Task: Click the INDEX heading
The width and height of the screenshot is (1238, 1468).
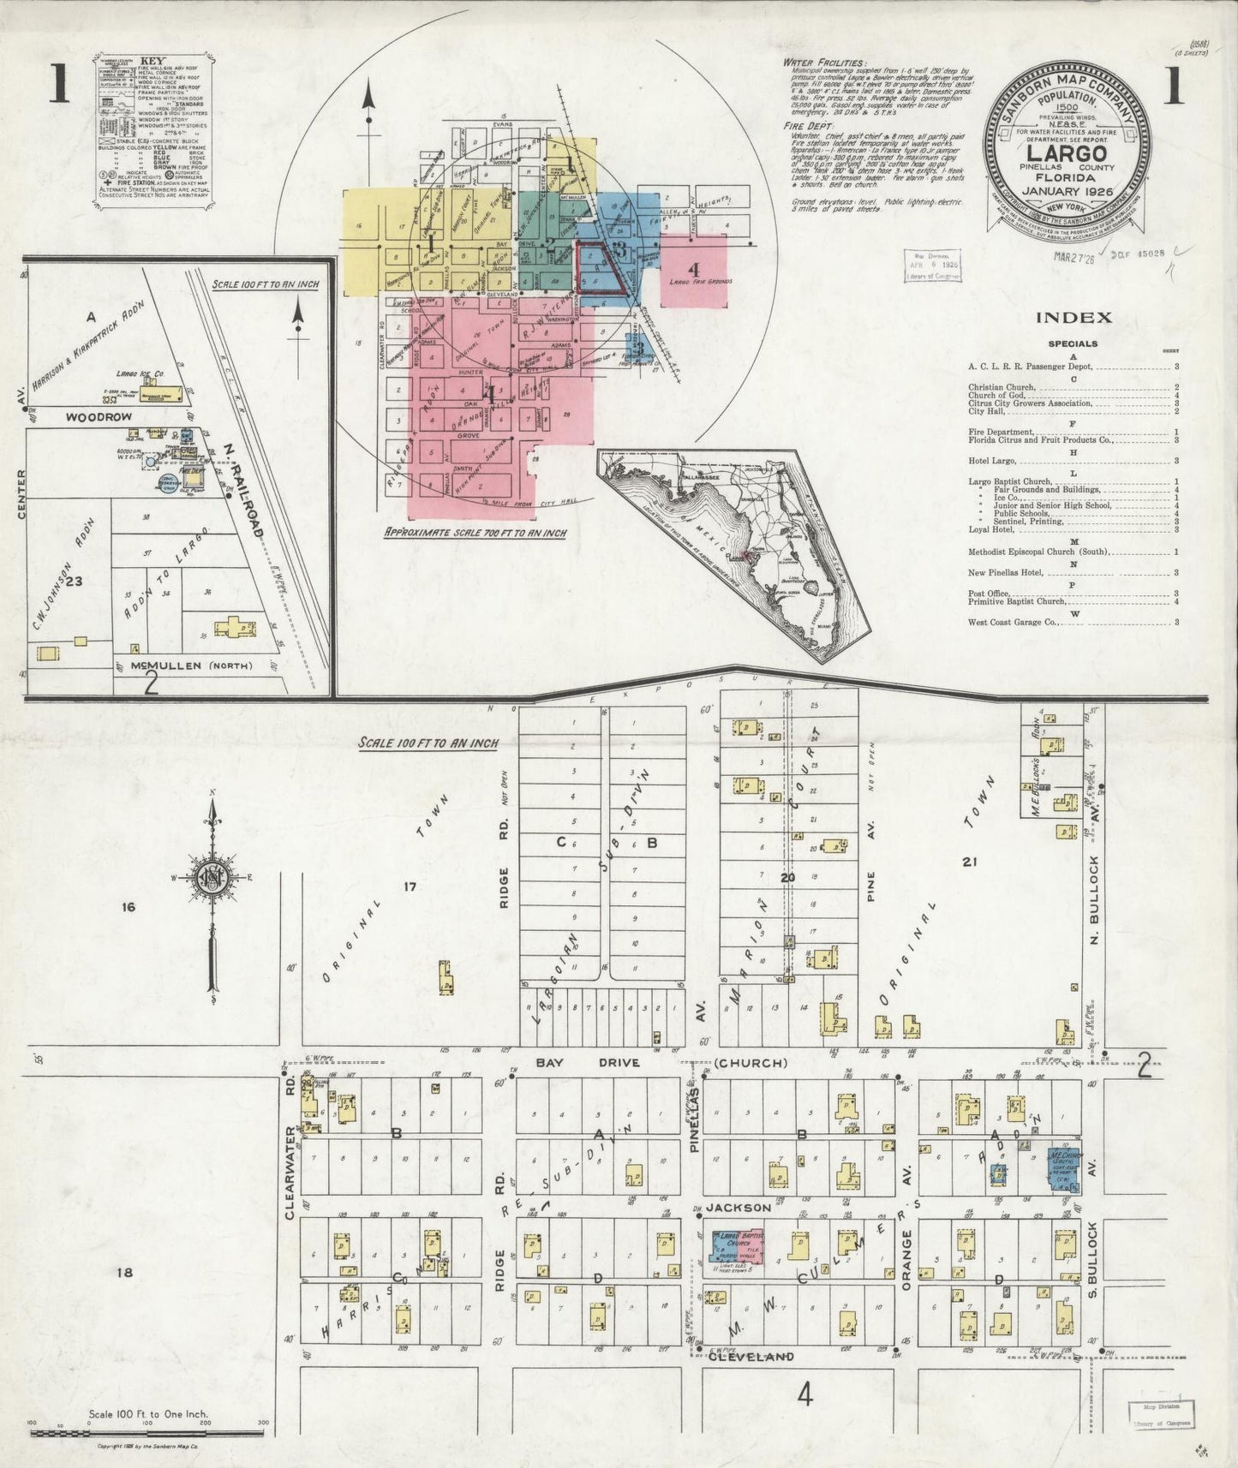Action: (1074, 318)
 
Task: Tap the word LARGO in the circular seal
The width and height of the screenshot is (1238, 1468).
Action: (1067, 163)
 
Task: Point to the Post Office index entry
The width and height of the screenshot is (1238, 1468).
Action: (990, 594)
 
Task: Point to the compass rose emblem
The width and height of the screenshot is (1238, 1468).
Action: (213, 880)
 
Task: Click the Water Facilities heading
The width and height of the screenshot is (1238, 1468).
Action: (824, 63)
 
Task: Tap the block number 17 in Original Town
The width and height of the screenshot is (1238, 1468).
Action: (410, 887)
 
